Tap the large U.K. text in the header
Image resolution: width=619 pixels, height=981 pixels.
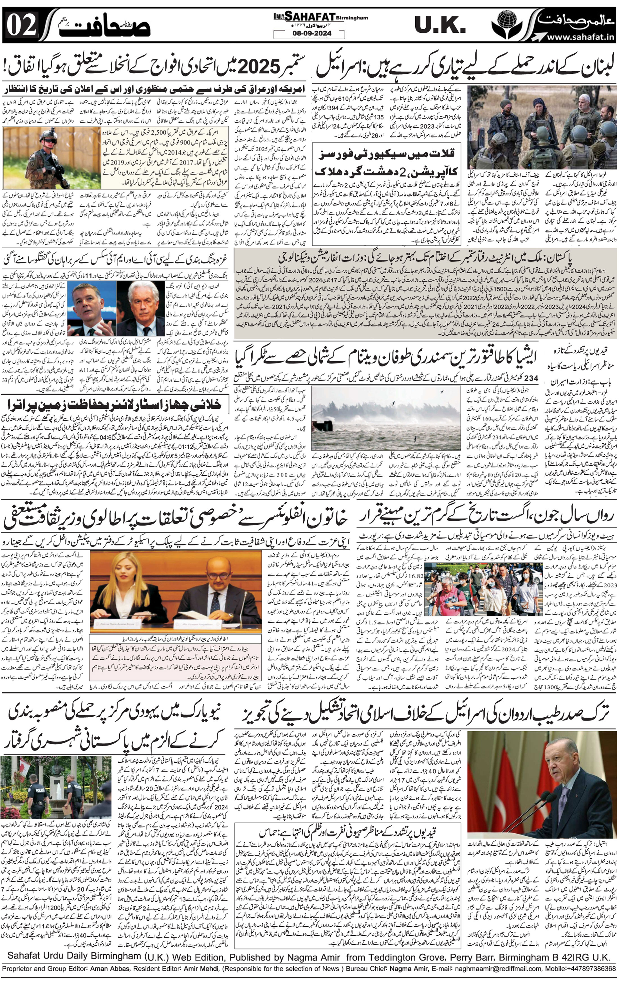(440, 26)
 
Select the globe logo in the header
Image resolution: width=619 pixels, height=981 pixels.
(506, 24)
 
